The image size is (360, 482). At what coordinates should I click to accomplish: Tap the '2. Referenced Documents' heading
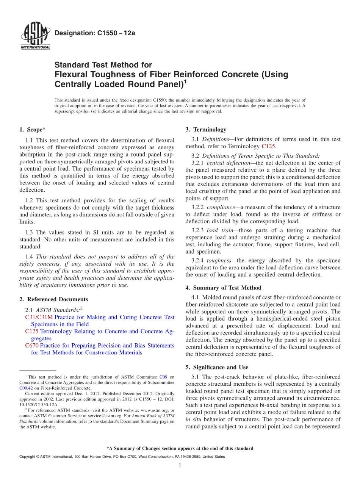point(53,299)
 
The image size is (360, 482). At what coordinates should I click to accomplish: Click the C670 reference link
point(32,346)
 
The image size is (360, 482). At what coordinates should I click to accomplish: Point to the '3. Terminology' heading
point(206,130)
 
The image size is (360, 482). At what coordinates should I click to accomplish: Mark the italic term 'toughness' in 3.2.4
point(219,261)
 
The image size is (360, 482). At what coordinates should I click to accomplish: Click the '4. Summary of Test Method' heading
point(223,288)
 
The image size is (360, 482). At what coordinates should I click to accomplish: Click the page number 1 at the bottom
point(180,466)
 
